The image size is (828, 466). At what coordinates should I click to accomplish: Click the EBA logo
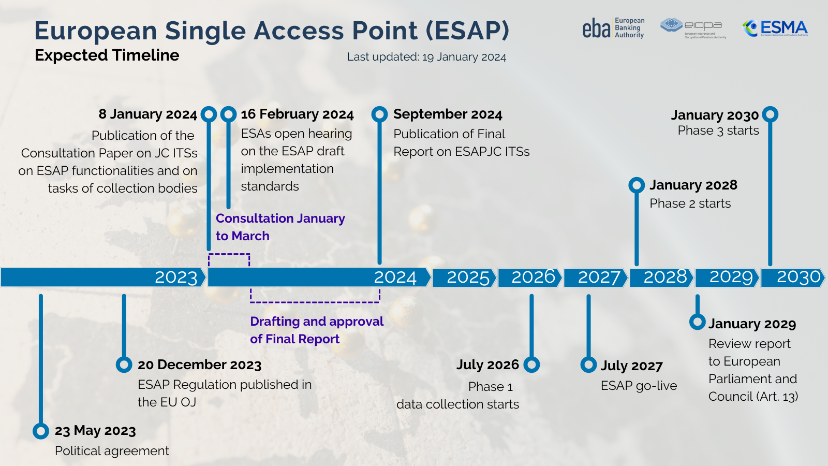point(613,28)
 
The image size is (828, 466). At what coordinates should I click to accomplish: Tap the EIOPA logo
point(693,28)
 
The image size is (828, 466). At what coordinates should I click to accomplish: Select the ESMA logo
point(775,28)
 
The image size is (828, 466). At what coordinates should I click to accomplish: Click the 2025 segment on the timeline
point(464,278)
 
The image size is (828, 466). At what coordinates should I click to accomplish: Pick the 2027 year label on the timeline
point(599,278)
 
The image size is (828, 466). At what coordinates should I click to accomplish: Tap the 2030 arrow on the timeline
point(792,278)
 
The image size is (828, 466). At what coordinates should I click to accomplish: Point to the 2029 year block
point(727,278)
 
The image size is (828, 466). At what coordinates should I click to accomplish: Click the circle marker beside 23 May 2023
point(41,431)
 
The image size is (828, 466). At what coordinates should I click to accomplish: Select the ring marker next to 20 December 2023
point(124,365)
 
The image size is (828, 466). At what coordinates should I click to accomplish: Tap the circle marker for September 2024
point(379,114)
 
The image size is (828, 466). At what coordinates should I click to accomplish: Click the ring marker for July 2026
point(531,365)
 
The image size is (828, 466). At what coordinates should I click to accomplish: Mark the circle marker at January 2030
point(770,114)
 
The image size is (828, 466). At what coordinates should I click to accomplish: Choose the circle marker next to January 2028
point(637,185)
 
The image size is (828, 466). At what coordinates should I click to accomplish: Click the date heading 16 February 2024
point(297,114)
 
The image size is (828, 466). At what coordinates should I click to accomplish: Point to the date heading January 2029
point(752,324)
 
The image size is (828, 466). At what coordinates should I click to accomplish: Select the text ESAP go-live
point(639,386)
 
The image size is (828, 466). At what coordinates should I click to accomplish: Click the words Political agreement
point(112,451)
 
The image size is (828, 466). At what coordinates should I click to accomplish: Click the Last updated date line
point(426,57)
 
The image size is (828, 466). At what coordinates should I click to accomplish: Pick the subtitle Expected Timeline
point(107,55)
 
